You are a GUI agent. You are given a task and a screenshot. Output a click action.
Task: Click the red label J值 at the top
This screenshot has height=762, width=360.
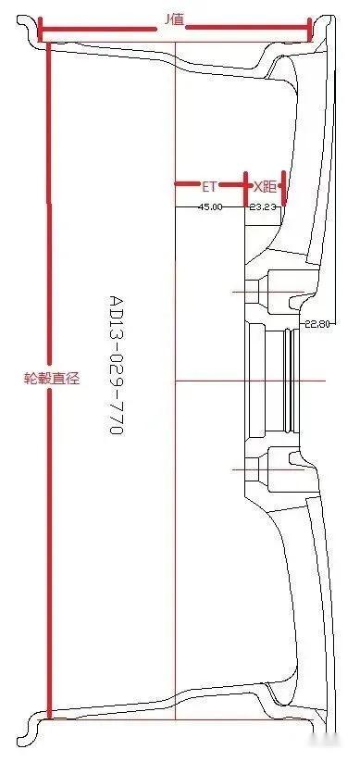(173, 19)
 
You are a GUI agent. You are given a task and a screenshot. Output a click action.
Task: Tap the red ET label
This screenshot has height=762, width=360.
(211, 186)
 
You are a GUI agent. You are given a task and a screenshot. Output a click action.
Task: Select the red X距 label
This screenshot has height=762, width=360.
(264, 186)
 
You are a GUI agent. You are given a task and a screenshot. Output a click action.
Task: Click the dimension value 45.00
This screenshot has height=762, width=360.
(211, 206)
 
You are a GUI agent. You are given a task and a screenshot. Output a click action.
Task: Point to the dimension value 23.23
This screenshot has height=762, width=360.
(263, 206)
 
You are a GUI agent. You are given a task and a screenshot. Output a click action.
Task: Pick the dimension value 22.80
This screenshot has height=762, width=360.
(317, 323)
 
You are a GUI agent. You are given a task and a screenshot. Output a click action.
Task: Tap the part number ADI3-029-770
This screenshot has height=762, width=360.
(116, 366)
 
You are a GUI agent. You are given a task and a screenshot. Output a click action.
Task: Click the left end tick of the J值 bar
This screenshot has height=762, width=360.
(39, 31)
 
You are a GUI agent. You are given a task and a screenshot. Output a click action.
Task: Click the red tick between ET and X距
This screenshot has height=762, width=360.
(245, 186)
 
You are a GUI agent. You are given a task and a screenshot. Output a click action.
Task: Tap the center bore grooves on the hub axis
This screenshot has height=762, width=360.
(293, 380)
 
